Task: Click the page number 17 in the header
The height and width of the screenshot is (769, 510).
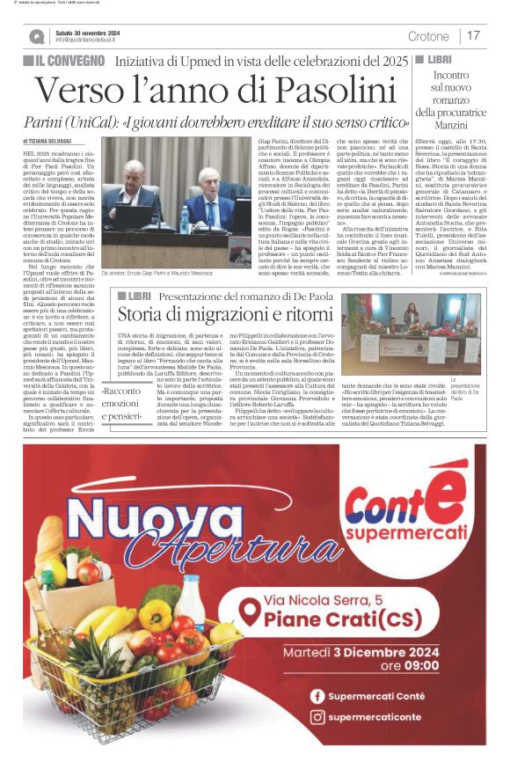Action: (473, 36)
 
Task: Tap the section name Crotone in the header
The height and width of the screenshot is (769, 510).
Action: (428, 36)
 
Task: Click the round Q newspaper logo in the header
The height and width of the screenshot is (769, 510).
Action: (35, 36)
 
